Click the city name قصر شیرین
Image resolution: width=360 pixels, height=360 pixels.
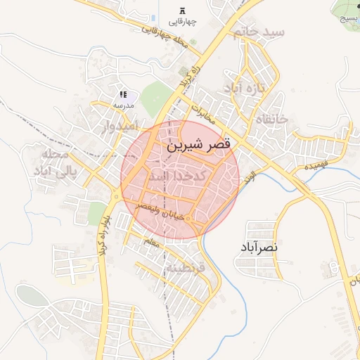[x=200, y=146]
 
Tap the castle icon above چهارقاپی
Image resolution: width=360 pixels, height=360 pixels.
[x=183, y=11]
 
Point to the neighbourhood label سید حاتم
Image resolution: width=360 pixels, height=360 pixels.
[x=260, y=32]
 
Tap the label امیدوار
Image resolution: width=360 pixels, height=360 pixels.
[x=116, y=127]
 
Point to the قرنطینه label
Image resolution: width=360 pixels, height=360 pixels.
[x=185, y=268]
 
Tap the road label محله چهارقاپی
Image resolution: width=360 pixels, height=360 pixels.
[x=166, y=39]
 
